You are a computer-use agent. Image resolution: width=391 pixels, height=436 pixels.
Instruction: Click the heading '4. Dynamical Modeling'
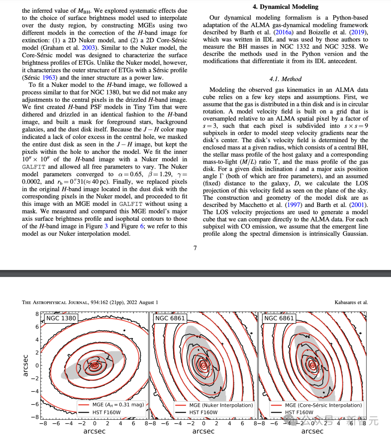pos(285,7)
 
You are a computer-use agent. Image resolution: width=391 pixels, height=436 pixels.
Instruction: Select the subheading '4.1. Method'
pos(285,79)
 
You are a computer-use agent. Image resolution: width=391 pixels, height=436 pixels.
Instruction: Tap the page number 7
pos(195,248)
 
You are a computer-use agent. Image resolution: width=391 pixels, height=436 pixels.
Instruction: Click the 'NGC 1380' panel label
pos(61,318)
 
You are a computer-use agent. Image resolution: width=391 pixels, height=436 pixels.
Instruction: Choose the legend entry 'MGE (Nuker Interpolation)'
pos(221,405)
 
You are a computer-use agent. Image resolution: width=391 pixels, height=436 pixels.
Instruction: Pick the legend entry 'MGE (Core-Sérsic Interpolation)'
pos(323,405)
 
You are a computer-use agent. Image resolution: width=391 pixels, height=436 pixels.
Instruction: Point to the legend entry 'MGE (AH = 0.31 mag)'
pos(118,405)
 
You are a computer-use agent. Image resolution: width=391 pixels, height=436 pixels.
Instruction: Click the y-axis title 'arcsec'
pos(25,365)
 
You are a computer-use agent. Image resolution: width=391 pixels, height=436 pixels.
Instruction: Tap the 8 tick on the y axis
pos(37,314)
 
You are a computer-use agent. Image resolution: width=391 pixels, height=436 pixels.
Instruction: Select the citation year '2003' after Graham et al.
pos(88,48)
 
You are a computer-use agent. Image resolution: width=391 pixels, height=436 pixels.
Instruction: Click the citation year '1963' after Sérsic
pos(49,77)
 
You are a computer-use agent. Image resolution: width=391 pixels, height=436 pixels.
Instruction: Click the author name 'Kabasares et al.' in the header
pos(351,302)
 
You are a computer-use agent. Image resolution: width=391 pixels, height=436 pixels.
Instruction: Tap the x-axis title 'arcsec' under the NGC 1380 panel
pos(94,431)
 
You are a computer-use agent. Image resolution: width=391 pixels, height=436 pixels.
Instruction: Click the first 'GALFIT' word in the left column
pos(34,167)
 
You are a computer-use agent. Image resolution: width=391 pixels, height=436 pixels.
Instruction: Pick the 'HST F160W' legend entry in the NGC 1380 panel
pos(106,412)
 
